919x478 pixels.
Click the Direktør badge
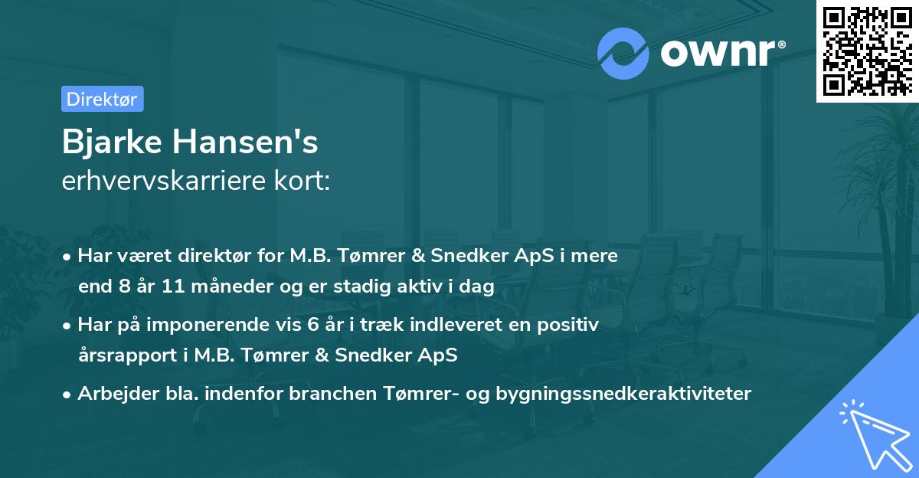pos(102,99)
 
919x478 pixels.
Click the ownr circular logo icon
pos(622,53)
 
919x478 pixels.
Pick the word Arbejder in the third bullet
pos(111,394)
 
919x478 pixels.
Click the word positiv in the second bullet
pos(572,325)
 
